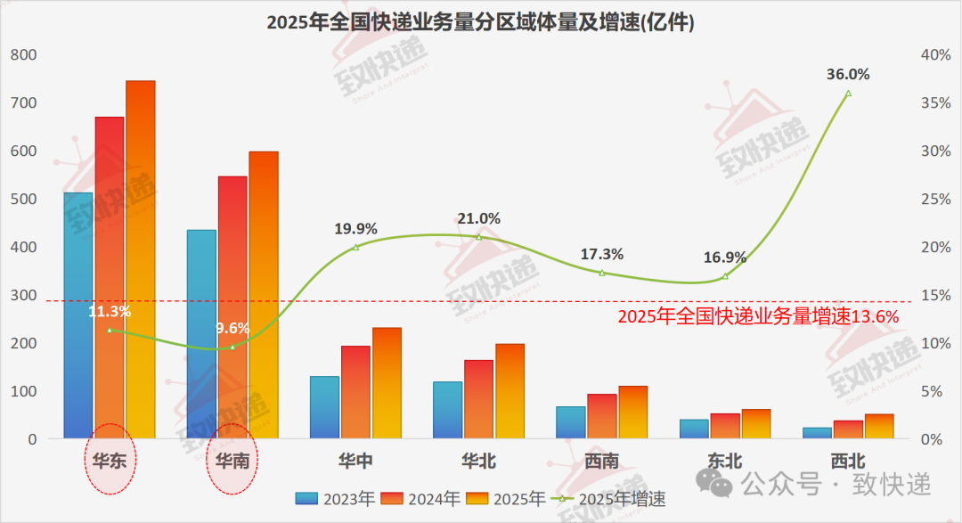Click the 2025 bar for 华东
(x=140, y=259)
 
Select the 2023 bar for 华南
(x=201, y=334)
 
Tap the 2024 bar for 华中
(x=355, y=392)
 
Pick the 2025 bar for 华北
(x=510, y=391)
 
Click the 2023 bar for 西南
(x=571, y=422)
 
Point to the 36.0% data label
(x=848, y=75)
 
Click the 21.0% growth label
(x=479, y=218)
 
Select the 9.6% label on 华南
(x=232, y=328)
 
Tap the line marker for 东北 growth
(x=725, y=276)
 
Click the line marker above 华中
(x=355, y=247)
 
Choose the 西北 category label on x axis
(x=848, y=462)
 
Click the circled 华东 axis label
(x=109, y=462)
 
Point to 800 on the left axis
(x=24, y=55)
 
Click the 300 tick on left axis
(x=24, y=296)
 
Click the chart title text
(x=480, y=22)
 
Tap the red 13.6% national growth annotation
(x=758, y=316)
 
